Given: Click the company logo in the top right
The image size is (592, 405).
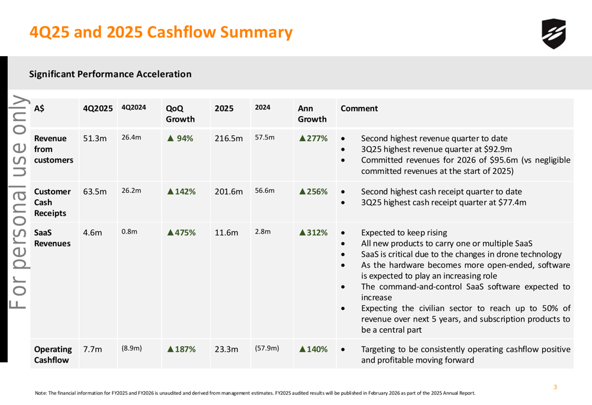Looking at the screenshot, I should (553, 34).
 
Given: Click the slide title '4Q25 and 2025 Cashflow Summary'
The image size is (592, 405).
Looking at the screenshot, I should (161, 32).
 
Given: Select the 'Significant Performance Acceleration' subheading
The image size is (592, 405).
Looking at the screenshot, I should (110, 74).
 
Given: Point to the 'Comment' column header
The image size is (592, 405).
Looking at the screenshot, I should (359, 109).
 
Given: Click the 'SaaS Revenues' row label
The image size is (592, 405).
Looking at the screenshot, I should (52, 238).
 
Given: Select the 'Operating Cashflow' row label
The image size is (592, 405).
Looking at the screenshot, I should (53, 354).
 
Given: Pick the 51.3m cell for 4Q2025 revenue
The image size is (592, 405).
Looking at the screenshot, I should (95, 138).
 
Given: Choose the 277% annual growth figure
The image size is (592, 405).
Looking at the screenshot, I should (313, 138).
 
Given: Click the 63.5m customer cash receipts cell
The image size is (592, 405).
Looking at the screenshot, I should (95, 192).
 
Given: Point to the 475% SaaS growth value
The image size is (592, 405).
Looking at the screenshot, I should (181, 232).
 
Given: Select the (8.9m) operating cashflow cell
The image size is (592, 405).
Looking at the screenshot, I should (131, 349).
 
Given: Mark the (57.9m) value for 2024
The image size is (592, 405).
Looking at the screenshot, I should (266, 349).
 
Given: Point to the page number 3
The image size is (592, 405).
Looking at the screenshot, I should (555, 387).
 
